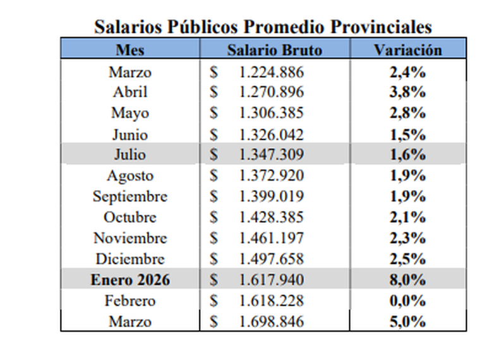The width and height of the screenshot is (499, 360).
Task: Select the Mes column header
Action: coord(129,50)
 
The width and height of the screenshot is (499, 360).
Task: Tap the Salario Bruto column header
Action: coord(275,50)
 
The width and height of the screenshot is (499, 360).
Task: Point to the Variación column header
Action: coord(407,50)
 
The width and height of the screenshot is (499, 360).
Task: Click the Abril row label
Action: coord(130,92)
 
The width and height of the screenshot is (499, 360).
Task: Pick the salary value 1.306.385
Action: coord(272,114)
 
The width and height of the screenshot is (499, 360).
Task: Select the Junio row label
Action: coord(130,135)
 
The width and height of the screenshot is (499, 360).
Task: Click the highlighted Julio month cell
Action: coord(130,155)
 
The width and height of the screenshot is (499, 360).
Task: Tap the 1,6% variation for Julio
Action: coord(407,155)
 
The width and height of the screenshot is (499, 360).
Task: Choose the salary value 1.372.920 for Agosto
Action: coord(272,176)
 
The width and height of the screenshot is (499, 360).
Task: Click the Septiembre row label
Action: coord(130,196)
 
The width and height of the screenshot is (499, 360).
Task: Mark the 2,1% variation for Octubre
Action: coord(407,217)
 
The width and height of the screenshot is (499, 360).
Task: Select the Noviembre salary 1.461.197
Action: coord(272,238)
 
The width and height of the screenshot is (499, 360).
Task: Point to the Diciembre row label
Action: coord(130,259)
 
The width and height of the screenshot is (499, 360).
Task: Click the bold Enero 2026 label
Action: coord(130,280)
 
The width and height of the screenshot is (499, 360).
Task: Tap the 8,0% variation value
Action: coord(407,280)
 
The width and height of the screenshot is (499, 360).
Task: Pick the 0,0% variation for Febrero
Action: coord(407,301)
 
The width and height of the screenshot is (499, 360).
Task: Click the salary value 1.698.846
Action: coord(272,321)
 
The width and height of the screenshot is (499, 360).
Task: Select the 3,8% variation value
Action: coord(407,92)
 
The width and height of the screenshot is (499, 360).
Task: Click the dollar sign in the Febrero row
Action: coord(214,301)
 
